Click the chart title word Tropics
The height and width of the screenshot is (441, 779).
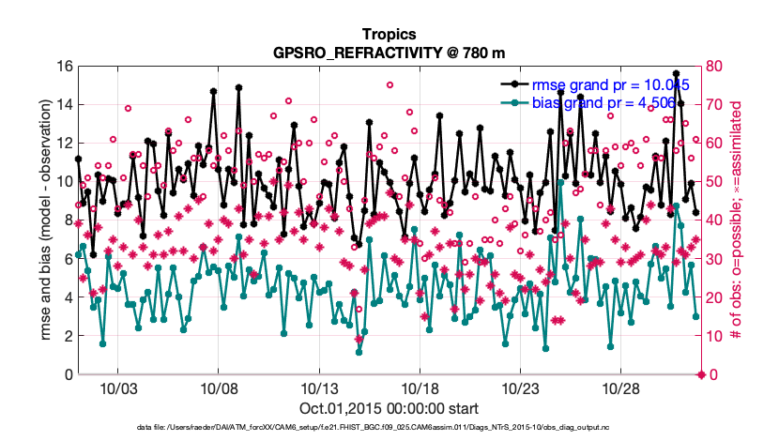click(389, 34)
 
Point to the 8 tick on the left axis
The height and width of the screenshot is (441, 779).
click(68, 220)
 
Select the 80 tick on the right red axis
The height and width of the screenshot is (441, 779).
click(715, 66)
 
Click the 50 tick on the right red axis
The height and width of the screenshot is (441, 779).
click(715, 181)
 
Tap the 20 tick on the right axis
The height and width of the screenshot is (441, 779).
click(715, 297)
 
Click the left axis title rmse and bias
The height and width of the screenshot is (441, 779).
click(44, 220)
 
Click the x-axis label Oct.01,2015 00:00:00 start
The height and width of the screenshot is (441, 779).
click(389, 409)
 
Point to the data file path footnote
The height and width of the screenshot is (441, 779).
click(389, 428)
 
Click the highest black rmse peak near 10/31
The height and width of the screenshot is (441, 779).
click(676, 73)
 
